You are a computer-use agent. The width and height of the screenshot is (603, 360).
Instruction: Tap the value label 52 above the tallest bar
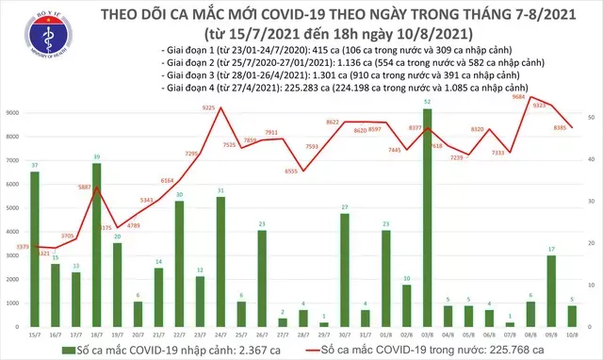429,102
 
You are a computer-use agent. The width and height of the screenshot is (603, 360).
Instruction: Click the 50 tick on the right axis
589,117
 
